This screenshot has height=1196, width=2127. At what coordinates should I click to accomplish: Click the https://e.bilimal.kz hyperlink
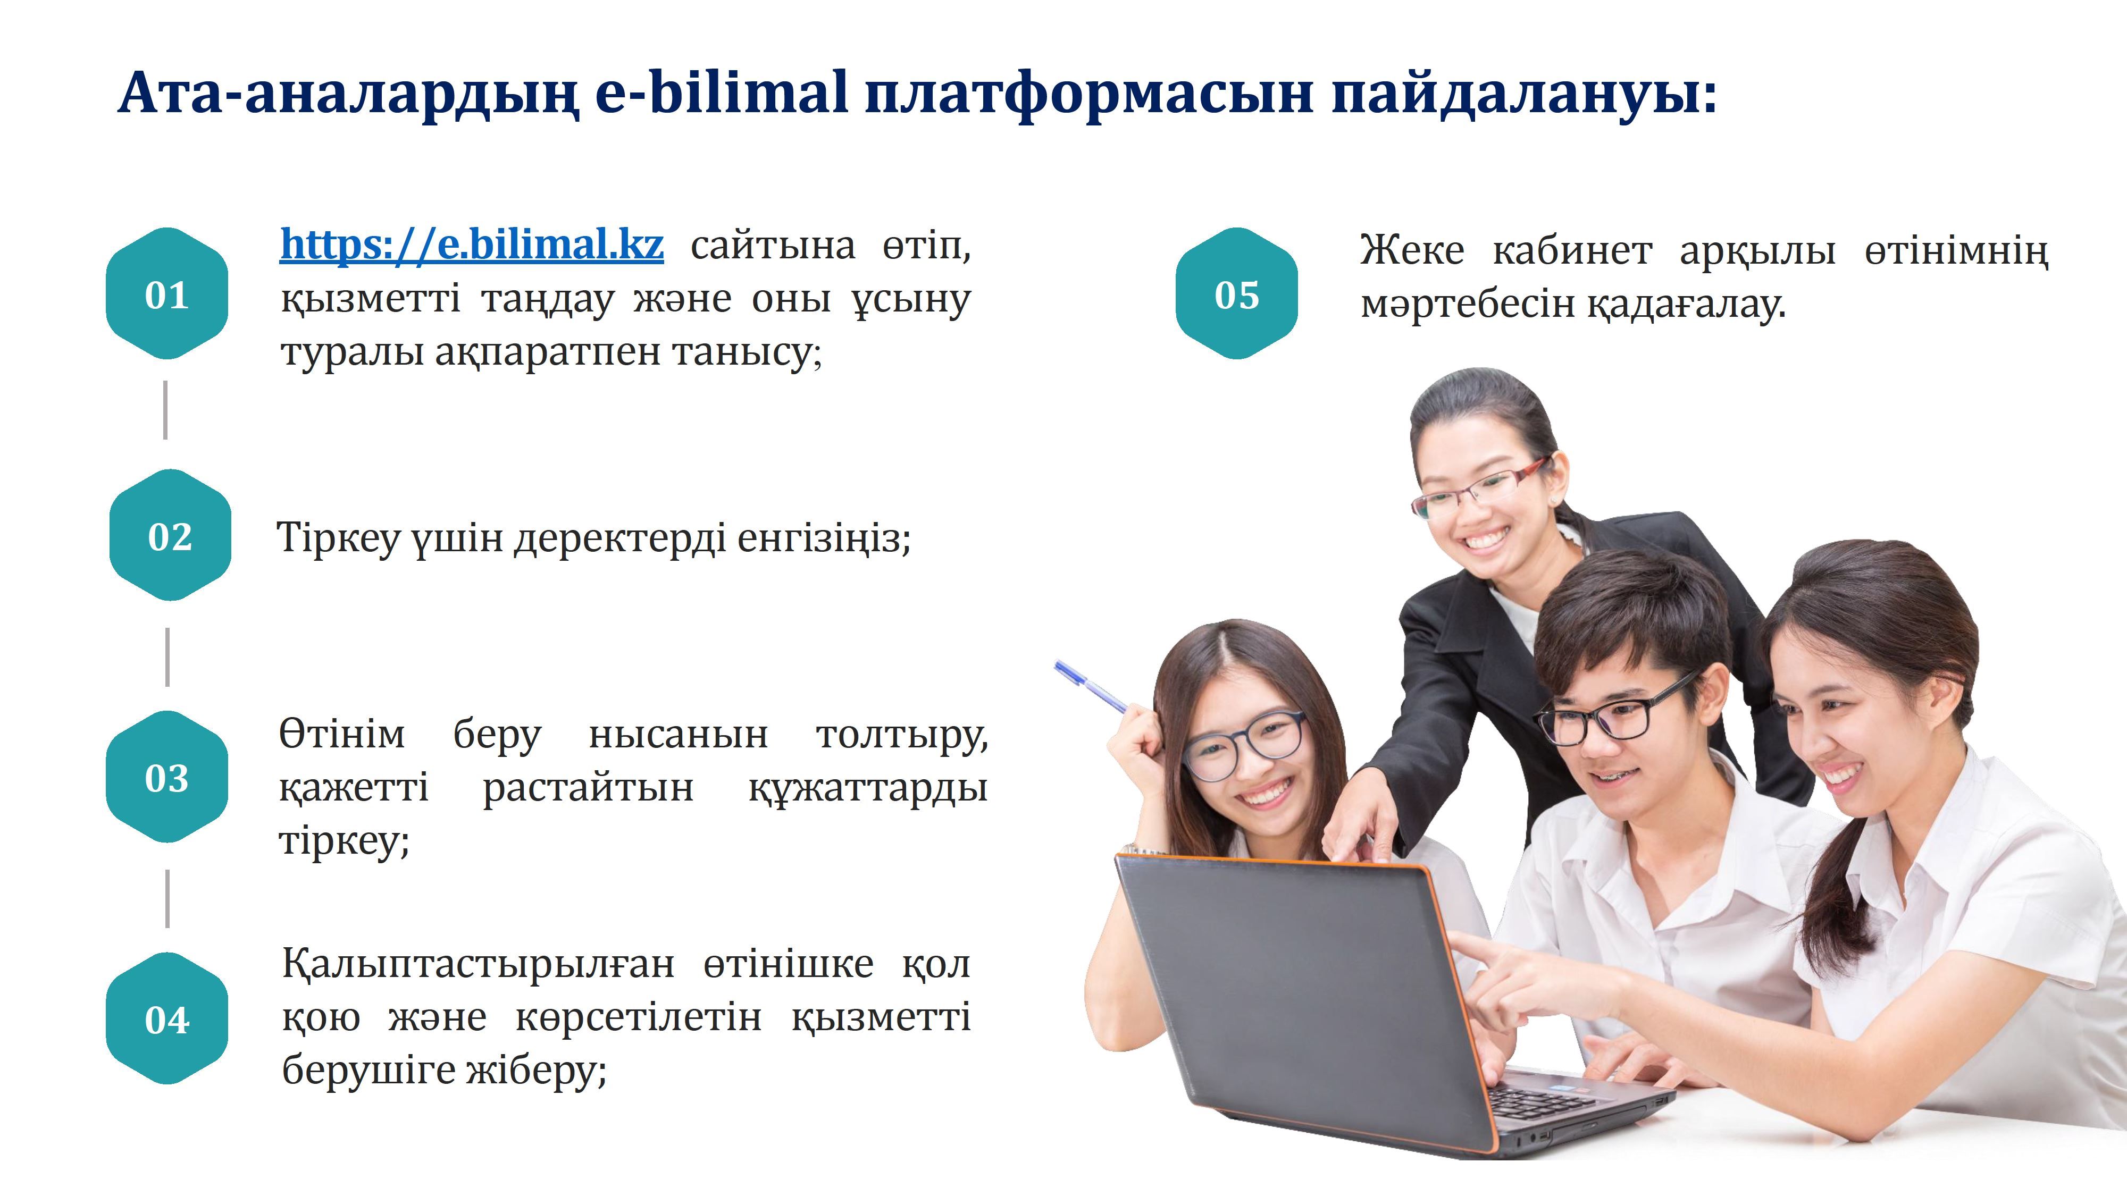472,245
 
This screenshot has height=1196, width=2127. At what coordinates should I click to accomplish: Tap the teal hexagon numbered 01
167,294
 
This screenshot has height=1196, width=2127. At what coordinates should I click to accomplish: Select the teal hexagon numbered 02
170,536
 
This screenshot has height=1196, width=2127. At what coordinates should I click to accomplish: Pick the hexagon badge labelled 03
167,777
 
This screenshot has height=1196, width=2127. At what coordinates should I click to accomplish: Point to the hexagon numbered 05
1237,294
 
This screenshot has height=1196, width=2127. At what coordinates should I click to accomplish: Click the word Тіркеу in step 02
338,538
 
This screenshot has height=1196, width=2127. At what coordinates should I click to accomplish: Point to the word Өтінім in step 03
342,734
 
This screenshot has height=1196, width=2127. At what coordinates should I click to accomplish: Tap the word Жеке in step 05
1411,250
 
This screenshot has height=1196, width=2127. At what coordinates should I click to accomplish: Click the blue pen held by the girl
1090,686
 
